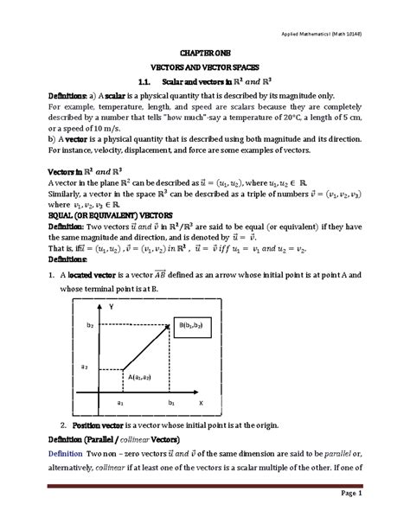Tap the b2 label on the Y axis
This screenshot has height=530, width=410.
point(89,325)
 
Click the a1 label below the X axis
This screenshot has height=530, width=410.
point(120,403)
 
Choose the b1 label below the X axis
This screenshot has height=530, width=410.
point(171,403)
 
